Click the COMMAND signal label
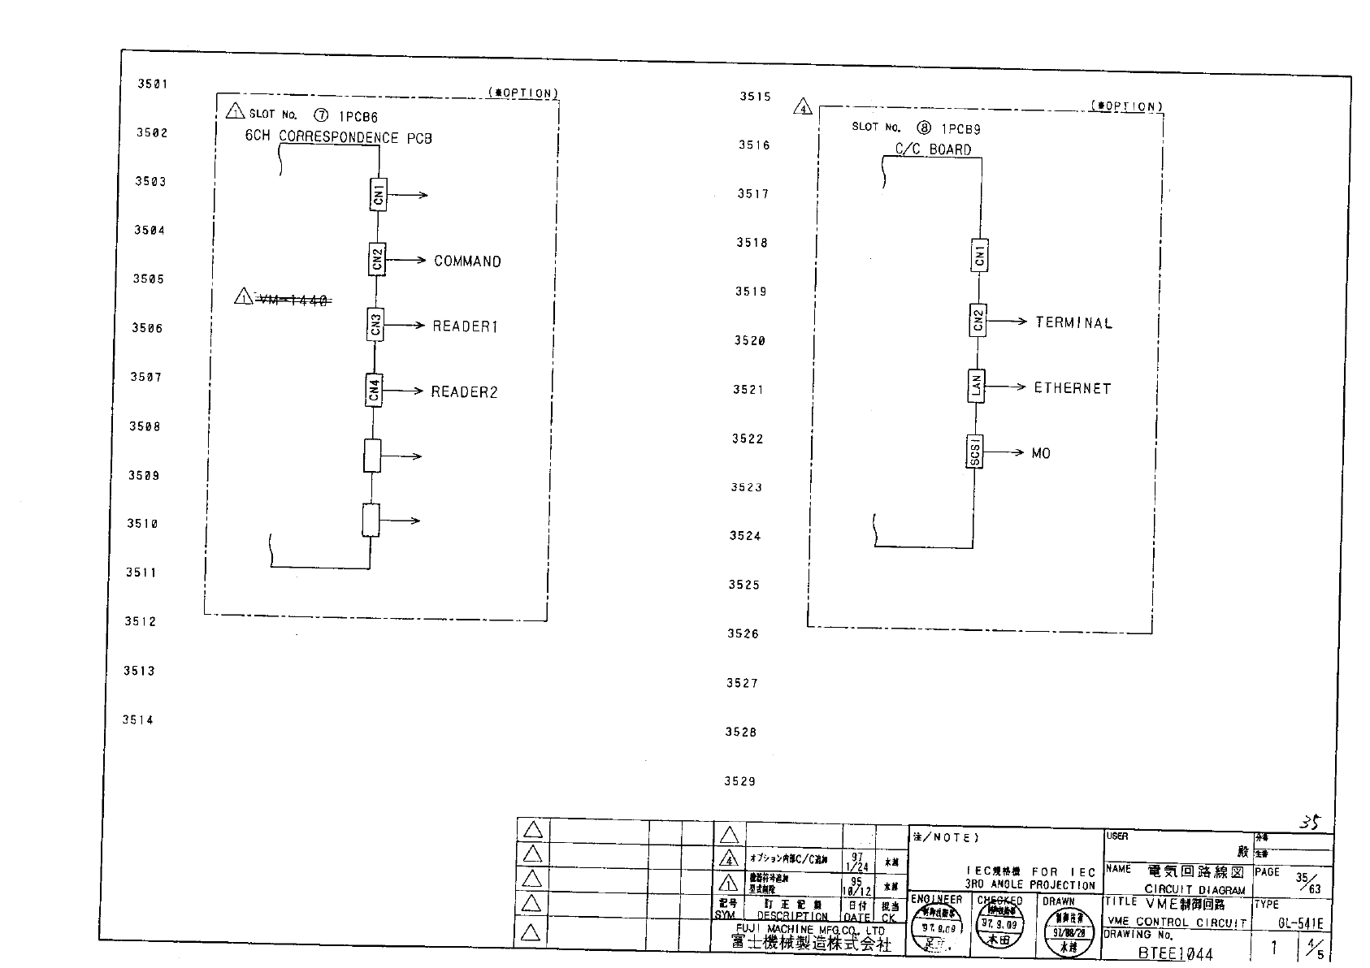coord(467,261)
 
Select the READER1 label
coord(465,326)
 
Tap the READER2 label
coord(464,392)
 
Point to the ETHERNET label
coord(1072,388)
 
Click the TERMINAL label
coord(1073,322)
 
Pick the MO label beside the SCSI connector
coord(1041,453)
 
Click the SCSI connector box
coord(975,452)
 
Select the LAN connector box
coord(977,386)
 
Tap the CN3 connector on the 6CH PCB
coord(375,326)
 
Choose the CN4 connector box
coord(374,391)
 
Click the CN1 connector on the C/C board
coord(980,255)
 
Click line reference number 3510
coord(142,524)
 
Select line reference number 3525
coord(744,585)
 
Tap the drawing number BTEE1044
coord(1175,953)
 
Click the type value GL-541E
coord(1300,923)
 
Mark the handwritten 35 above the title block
coord(1309,822)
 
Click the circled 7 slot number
coord(321,116)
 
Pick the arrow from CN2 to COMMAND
coord(406,260)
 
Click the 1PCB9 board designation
coord(961,128)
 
